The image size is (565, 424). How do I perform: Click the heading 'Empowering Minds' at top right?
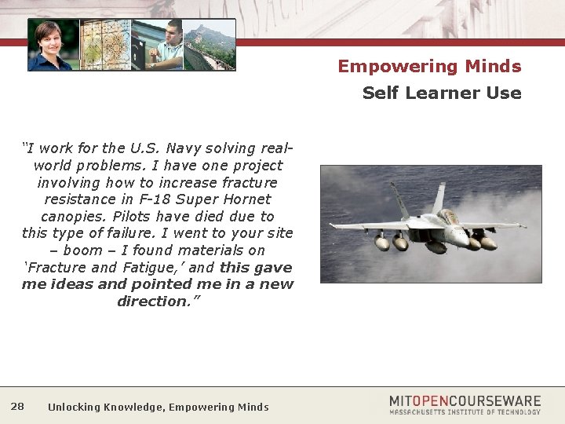tap(429, 67)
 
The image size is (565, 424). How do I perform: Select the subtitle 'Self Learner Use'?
tap(441, 93)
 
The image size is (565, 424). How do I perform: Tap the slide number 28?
tap(17, 406)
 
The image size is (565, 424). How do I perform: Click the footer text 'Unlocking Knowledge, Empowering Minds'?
tap(158, 407)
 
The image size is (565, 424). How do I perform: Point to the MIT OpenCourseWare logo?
tap(465, 401)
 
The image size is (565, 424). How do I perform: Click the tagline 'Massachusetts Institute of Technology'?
tap(465, 412)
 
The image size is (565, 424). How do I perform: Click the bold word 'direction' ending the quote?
tap(154, 302)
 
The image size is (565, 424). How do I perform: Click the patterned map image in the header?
tap(104, 46)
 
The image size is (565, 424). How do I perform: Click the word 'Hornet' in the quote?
tap(246, 199)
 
